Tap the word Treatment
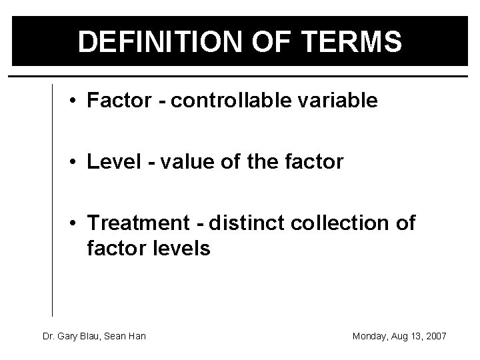[131, 223]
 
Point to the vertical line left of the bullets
[52, 200]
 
